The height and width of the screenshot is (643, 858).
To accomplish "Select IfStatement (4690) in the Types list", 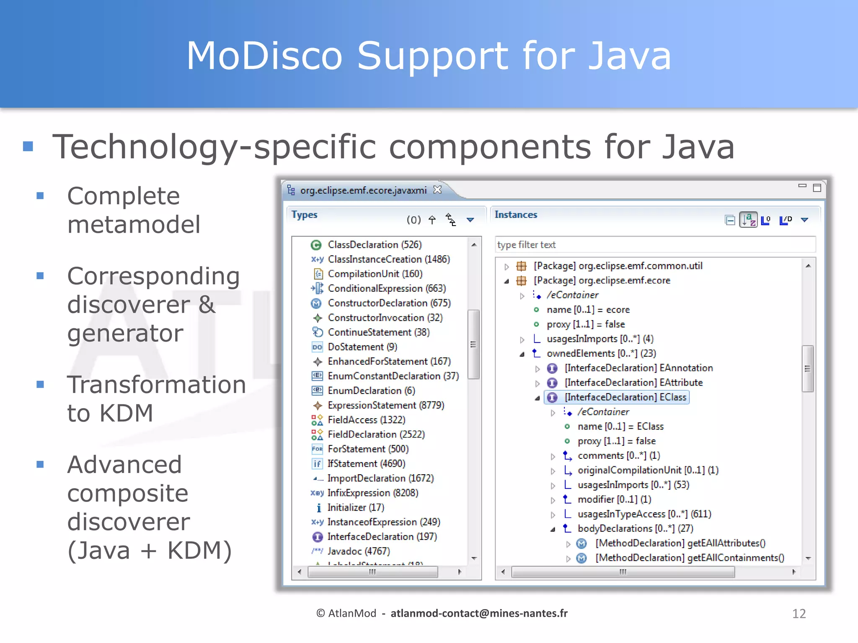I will tap(366, 463).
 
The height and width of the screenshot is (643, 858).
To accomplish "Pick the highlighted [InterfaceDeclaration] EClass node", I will tap(625, 397).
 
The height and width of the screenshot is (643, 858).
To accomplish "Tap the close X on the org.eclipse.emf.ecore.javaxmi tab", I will tap(437, 190).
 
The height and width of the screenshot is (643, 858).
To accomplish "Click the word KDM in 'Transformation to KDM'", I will tap(126, 413).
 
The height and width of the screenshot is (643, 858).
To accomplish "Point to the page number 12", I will tap(799, 614).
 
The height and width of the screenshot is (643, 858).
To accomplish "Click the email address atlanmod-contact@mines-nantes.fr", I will tap(479, 613).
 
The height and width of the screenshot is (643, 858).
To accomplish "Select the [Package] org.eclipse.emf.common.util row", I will tap(618, 266).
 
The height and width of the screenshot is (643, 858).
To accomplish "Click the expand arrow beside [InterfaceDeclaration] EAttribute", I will tap(538, 383).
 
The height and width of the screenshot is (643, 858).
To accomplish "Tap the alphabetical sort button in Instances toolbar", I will tap(748, 219).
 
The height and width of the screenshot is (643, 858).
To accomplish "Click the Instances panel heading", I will tap(516, 214).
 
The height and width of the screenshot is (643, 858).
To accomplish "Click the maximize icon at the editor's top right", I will tap(817, 188).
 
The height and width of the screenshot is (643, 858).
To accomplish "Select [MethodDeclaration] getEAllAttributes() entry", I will tap(680, 543).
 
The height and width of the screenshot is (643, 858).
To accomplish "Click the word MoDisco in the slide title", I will tap(264, 56).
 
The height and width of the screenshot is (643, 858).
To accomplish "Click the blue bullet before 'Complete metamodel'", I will tap(40, 195).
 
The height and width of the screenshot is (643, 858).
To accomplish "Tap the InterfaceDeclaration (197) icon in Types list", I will tap(318, 537).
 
